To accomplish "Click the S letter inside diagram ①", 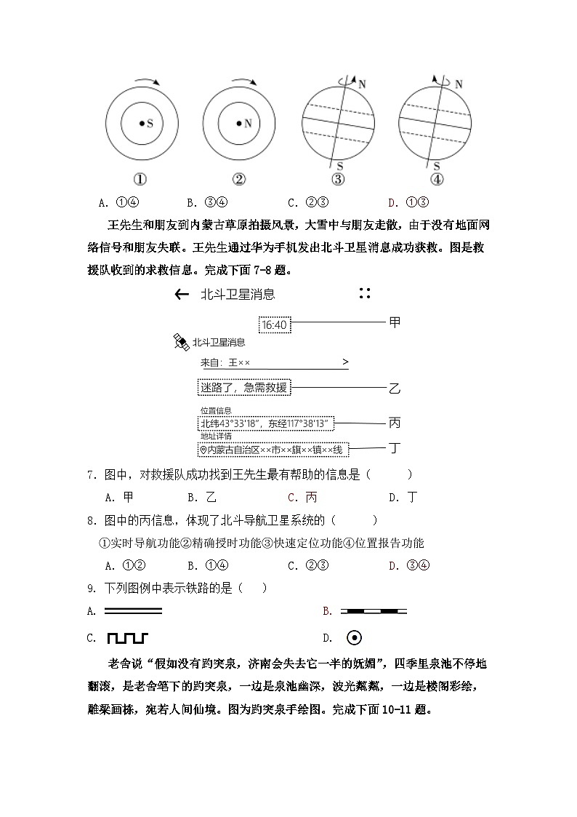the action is (150, 124).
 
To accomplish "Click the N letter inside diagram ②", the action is (247, 124).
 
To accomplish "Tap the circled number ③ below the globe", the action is (337, 180).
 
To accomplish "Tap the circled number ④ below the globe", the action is (436, 180).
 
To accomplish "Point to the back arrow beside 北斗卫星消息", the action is (182, 295).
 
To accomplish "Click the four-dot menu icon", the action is (365, 294).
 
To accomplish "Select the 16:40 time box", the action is (274, 324).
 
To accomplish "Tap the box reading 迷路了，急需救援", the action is (243, 388).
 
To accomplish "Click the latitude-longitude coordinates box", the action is (266, 423).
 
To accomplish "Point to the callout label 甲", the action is (395, 322).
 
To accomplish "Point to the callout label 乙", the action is (395, 388).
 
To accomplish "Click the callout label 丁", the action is (395, 448).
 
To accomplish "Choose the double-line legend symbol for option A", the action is (133, 611).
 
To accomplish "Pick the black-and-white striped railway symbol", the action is (374, 611).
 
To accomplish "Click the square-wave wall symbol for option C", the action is (127, 638).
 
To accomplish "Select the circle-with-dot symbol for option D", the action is (354, 638).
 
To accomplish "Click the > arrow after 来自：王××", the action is (344, 362).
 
